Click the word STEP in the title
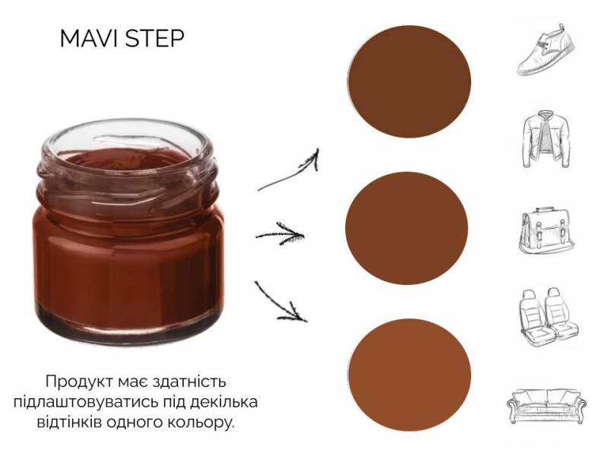click(155, 39)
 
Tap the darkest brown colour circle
click(409, 81)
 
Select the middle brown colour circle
click(407, 228)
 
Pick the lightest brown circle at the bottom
click(410, 375)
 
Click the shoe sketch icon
click(546, 50)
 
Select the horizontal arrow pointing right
click(280, 234)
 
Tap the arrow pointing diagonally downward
click(280, 302)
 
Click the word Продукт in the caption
click(78, 382)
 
